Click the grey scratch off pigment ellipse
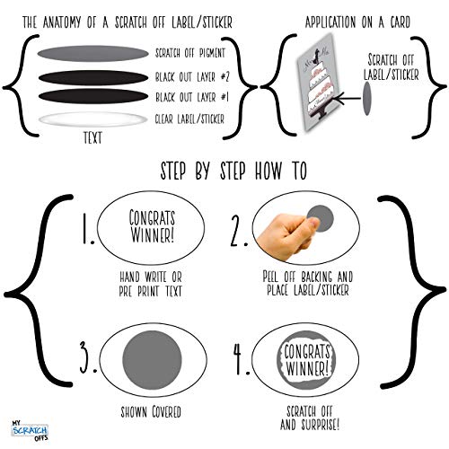(x=92, y=54)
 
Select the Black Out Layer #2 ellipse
(x=93, y=78)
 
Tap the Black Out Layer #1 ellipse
(x=93, y=96)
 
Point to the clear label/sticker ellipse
(x=92, y=119)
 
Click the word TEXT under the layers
(x=92, y=138)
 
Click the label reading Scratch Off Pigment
(x=190, y=53)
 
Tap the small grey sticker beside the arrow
(x=367, y=98)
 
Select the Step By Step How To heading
(x=233, y=171)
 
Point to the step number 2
(x=239, y=231)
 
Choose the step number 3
(x=88, y=357)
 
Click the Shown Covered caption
(x=151, y=411)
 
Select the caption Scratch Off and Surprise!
(x=310, y=418)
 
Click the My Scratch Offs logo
(x=30, y=430)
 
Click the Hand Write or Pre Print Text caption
(x=151, y=284)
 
